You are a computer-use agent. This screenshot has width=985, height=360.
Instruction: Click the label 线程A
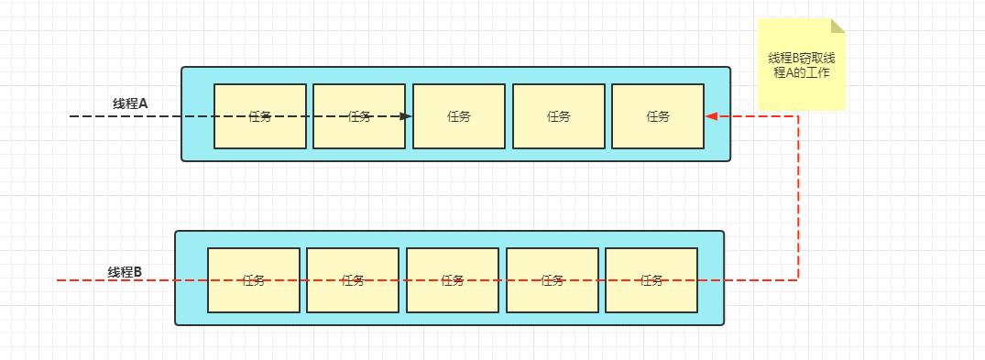coord(130,104)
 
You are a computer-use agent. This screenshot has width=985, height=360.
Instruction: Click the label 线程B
coord(125,272)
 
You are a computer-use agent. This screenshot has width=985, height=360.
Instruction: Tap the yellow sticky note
coord(801,65)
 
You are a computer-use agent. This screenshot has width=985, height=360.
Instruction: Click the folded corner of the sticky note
coord(838,25)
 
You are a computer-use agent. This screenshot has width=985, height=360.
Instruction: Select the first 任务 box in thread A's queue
coord(260,116)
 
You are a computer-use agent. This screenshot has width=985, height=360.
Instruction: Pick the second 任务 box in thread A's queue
coord(359,116)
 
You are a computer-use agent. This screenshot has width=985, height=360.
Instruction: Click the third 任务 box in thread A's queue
coord(459,116)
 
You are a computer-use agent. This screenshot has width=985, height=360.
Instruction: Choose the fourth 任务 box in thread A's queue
coord(559,116)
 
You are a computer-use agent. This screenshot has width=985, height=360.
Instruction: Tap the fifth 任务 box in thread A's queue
coord(658,116)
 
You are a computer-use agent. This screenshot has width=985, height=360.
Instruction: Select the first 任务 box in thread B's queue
coord(254,280)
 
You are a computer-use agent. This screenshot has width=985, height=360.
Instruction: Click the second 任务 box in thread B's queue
coord(353,280)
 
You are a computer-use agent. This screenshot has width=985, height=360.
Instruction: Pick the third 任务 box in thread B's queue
coord(453,280)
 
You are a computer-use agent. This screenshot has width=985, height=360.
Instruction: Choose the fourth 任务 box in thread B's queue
coord(553,280)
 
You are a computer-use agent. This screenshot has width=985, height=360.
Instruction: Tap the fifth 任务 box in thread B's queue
coord(651,280)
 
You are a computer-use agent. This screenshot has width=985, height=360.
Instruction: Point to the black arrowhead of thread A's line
coord(407,116)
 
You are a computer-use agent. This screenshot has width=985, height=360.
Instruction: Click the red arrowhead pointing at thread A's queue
coord(711,116)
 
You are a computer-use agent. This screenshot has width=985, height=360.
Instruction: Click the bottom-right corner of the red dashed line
coord(798,280)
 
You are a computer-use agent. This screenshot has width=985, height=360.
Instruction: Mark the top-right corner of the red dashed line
coord(798,116)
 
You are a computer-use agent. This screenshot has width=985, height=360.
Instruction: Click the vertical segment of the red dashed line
coord(798,198)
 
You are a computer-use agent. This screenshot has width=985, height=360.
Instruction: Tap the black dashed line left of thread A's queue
coord(126,116)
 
